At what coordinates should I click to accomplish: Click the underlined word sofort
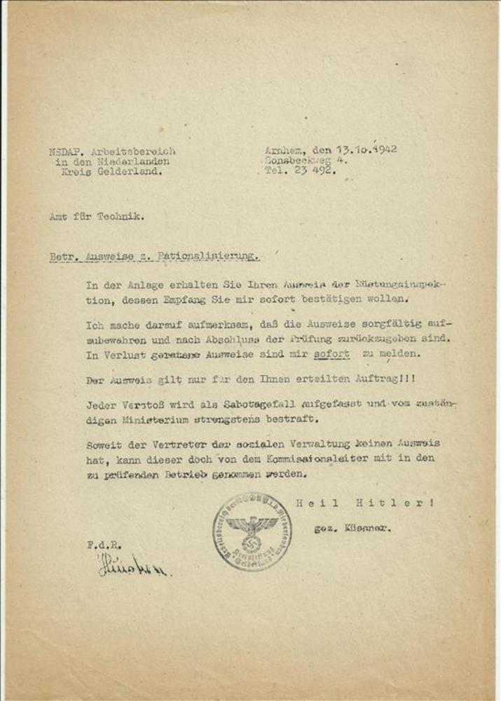click(x=332, y=355)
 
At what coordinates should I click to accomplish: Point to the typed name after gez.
click(x=367, y=529)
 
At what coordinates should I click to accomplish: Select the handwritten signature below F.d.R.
click(x=133, y=565)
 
